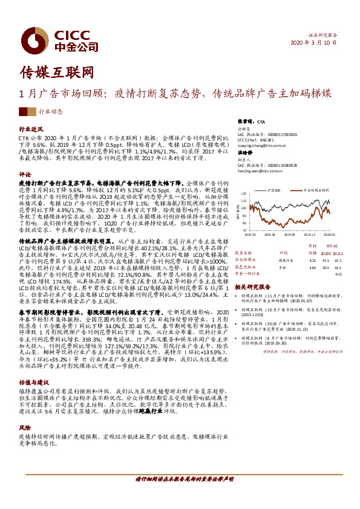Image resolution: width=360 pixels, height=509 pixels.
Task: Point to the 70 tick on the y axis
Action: click(x=243, y=230)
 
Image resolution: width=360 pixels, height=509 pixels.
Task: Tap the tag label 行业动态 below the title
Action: click(x=51, y=112)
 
